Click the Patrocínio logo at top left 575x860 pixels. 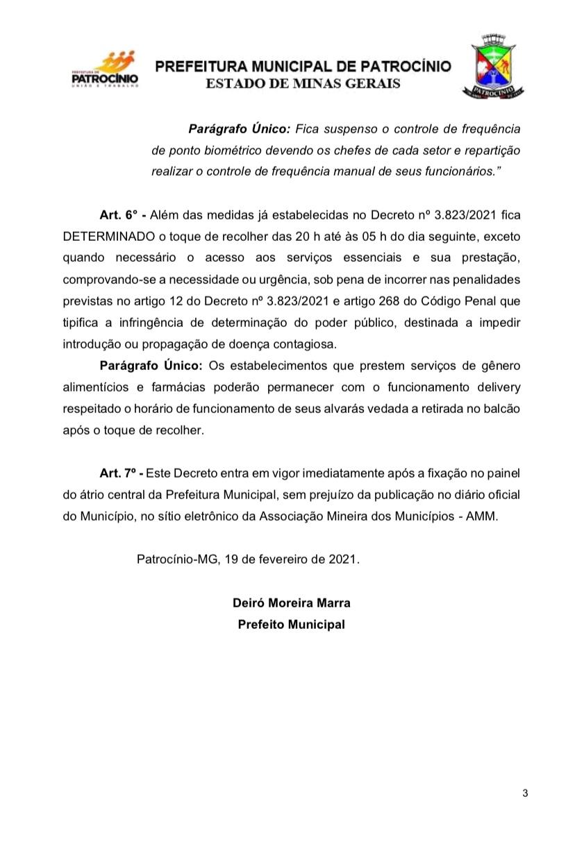pyautogui.click(x=105, y=70)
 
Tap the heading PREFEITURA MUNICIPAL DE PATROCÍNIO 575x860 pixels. pyautogui.click(x=303, y=67)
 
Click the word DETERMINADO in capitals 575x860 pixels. pyautogui.click(x=105, y=236)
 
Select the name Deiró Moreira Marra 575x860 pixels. pyautogui.click(x=291, y=602)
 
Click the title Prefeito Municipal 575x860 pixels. pyautogui.click(x=291, y=624)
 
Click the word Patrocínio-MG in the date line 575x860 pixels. pyautogui.click(x=178, y=559)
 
